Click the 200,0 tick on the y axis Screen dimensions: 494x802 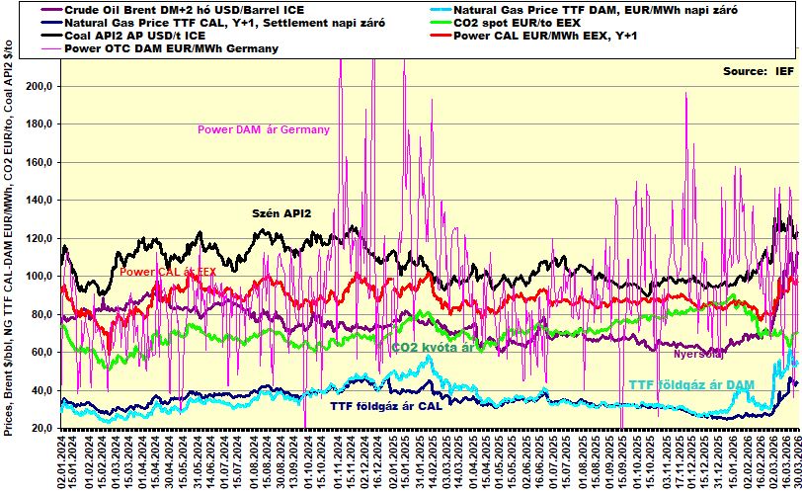pyautogui.click(x=39, y=87)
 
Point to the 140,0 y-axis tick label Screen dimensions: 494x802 pyautogui.click(x=39, y=201)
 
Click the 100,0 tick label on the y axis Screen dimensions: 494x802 pyautogui.click(x=39, y=277)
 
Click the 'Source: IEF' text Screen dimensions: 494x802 pyautogui.click(x=758, y=72)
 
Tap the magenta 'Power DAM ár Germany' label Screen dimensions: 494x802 pyautogui.click(x=264, y=129)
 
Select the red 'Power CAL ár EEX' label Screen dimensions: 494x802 pyautogui.click(x=167, y=272)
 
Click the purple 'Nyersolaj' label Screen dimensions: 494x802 pyautogui.click(x=698, y=353)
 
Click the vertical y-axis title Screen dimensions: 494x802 pyautogui.click(x=9, y=247)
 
